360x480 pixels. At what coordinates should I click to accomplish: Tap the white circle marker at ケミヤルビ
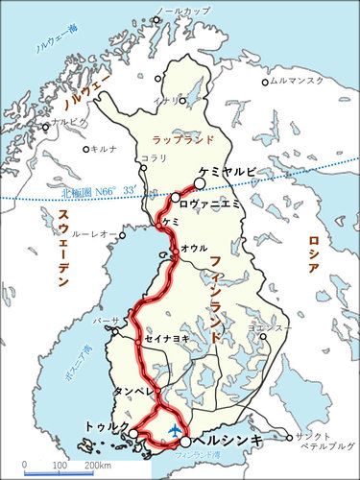(200, 182)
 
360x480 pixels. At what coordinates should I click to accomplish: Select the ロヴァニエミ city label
(212, 203)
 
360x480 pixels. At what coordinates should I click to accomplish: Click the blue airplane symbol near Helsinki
(175, 429)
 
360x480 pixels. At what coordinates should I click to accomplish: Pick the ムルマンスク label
(298, 83)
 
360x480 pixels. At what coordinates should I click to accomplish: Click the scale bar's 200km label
(98, 465)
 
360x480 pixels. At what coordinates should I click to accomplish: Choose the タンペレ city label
(132, 392)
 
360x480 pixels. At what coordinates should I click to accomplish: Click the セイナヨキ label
(166, 339)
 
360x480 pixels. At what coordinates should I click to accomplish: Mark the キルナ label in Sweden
(105, 149)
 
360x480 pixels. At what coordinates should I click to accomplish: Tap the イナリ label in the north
(162, 99)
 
